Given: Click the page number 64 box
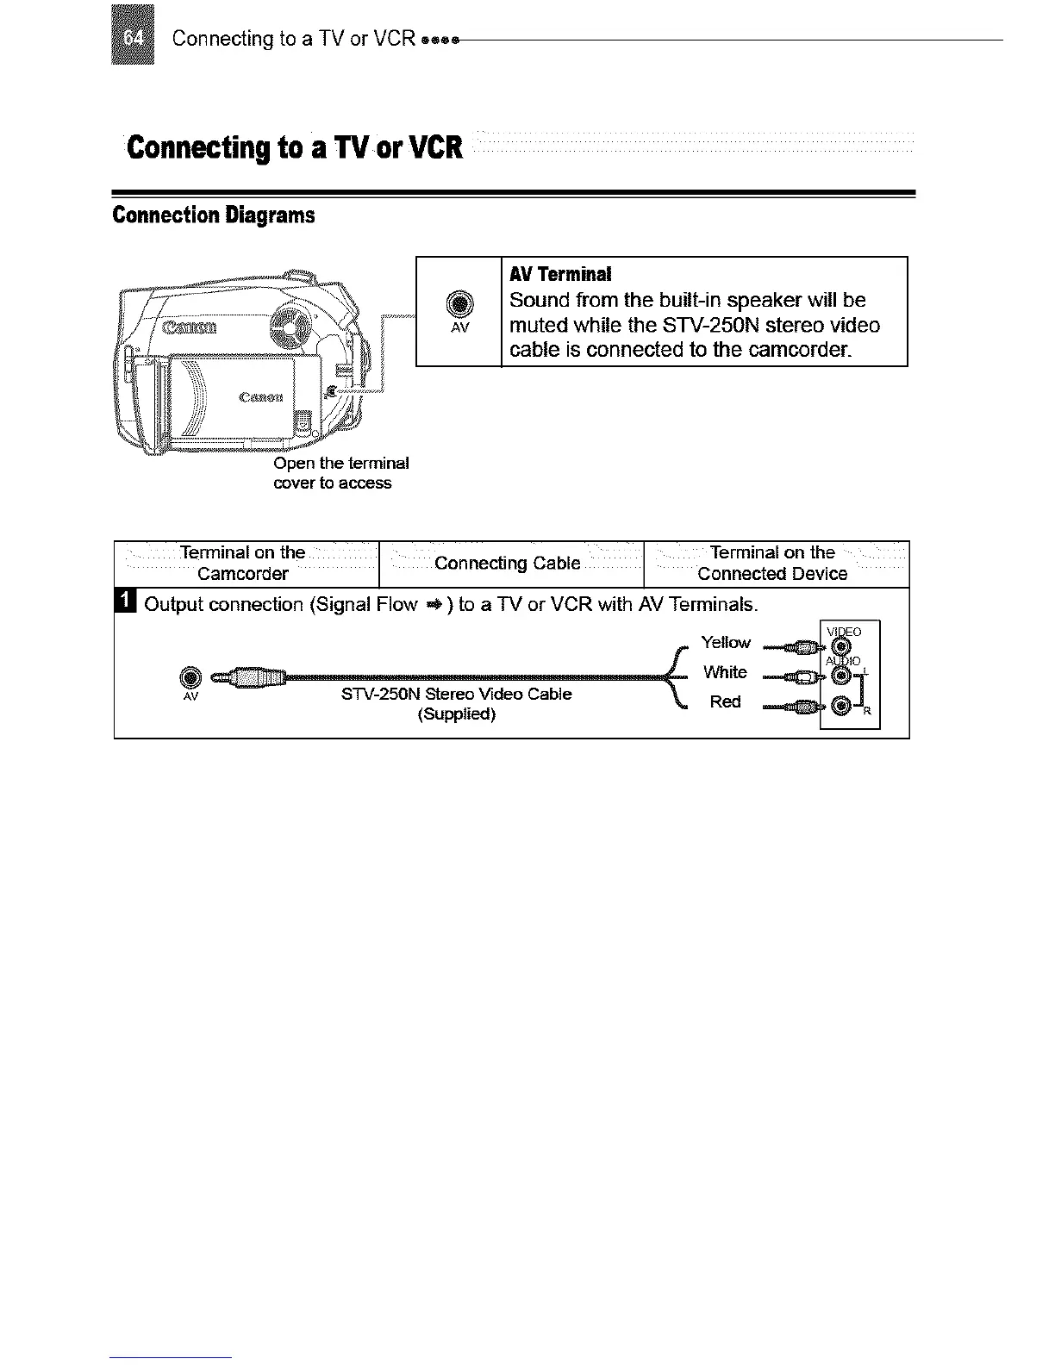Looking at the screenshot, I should tap(134, 34).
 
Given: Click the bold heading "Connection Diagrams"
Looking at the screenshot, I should tap(213, 215).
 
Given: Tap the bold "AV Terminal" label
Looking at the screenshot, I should tap(560, 274).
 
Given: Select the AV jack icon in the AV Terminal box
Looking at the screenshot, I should tap(459, 304).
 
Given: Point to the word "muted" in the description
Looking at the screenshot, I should tap(543, 325).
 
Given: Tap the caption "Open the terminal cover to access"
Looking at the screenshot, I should tap(340, 473).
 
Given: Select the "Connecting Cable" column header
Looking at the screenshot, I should tap(507, 564).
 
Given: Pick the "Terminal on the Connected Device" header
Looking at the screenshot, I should tap(772, 564).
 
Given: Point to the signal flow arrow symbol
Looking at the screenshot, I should tap(434, 605).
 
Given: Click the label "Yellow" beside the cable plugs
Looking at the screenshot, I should tap(726, 642).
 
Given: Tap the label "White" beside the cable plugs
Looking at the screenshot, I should tap(725, 672).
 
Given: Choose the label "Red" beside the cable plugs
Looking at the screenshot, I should tap(725, 701).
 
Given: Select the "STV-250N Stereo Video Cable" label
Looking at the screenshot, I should tap(456, 695).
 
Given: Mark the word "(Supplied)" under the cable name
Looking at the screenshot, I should tap(456, 715).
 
